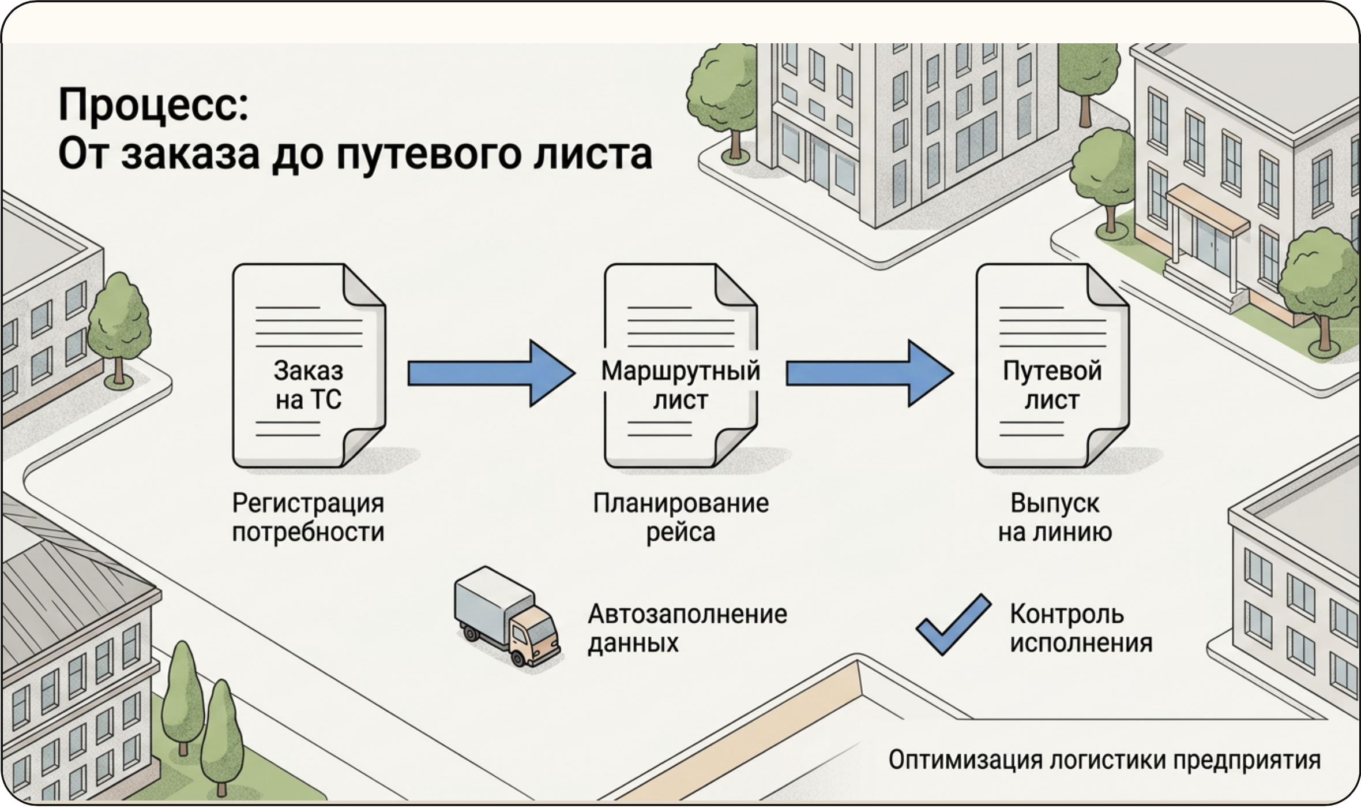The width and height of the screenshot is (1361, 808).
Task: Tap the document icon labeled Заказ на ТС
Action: (x=309, y=366)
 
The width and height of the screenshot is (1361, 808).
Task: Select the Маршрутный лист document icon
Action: (x=680, y=366)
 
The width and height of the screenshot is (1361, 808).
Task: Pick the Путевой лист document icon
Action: (x=1052, y=366)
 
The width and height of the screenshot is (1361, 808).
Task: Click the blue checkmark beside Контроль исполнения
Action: (x=954, y=625)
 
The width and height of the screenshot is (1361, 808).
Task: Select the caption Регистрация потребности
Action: (x=308, y=518)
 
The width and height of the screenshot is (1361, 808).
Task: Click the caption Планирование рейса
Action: (x=680, y=518)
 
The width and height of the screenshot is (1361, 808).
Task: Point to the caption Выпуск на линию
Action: (x=1055, y=518)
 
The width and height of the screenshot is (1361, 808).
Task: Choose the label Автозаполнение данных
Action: (x=687, y=628)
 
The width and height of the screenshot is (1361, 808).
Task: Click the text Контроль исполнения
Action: (x=1081, y=628)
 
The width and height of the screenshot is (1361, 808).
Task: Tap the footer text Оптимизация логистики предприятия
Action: (x=1104, y=760)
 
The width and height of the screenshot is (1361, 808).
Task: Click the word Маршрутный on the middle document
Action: (x=680, y=371)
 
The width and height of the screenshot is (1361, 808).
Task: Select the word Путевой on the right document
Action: (x=1052, y=371)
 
